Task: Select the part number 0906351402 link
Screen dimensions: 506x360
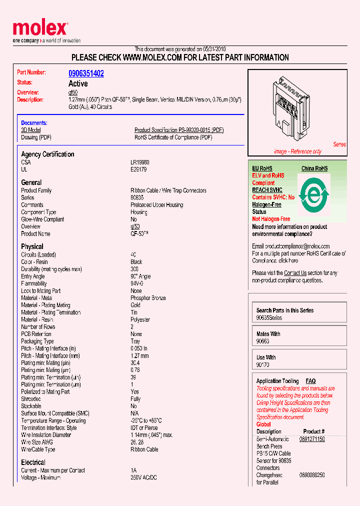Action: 86,73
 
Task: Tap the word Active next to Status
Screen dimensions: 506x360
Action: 78,83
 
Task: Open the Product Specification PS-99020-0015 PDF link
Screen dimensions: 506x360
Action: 179,130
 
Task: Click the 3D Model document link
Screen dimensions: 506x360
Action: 30,130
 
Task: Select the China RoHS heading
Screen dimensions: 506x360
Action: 314,168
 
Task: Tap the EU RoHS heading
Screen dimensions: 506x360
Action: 262,168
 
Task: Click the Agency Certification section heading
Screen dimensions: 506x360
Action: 47,154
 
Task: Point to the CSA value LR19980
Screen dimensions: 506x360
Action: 139,162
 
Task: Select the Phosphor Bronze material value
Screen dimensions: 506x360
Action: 148,298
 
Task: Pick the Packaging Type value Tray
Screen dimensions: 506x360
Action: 135,341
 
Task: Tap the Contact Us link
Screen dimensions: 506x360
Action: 295,273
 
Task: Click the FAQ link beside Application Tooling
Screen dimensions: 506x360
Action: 310,381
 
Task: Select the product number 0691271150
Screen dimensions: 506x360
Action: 312,439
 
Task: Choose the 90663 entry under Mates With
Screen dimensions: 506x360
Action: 263,341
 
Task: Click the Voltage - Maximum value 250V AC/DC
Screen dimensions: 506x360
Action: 143,477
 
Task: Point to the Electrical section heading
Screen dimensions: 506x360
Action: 33,462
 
